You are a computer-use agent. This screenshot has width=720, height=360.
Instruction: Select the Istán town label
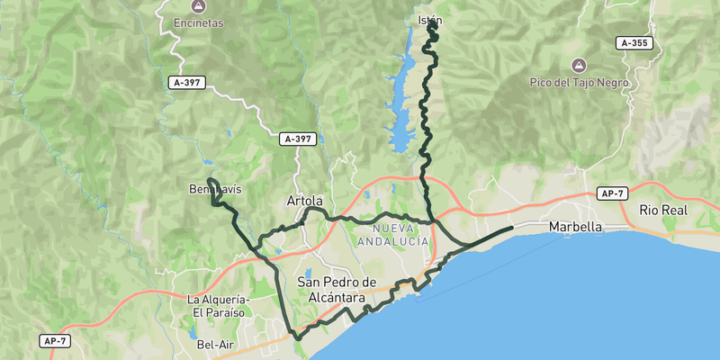pos(431,20)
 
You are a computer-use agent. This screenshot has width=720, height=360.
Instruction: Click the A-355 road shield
pos(634,43)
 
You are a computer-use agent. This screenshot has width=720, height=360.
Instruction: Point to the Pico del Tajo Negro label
pos(578,82)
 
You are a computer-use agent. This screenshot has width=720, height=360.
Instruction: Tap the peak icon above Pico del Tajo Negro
pos(578,65)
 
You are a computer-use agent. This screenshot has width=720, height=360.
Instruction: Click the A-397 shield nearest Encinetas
pos(187,83)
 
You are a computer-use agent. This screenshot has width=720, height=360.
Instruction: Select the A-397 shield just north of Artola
pos(299,139)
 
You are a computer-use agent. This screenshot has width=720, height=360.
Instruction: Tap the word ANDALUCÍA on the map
pos(392,241)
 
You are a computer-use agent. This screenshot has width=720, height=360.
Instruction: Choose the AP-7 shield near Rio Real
pos(611,193)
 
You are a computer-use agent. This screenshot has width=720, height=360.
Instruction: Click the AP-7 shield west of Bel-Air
pos(54,341)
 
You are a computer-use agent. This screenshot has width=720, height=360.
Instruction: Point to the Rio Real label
pos(663,210)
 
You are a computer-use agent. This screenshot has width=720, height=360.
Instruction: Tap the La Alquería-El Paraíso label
pos(220,306)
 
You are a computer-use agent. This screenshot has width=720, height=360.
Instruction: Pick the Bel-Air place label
pos(215,344)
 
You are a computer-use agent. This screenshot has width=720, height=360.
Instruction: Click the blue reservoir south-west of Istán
pos(401,99)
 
